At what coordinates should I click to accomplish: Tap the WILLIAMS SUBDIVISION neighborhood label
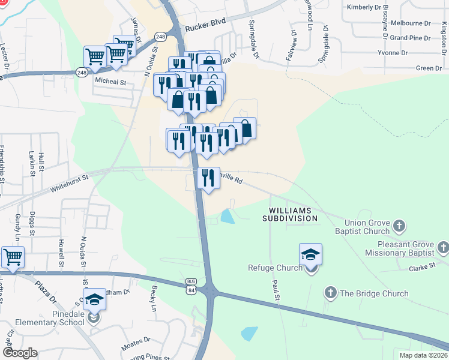tap(290, 215)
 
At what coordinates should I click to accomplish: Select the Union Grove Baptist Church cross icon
tap(399, 226)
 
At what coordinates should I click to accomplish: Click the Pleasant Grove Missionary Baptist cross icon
tap(443, 247)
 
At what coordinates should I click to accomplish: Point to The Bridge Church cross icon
tap(330, 293)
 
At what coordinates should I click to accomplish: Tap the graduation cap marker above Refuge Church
tap(310, 255)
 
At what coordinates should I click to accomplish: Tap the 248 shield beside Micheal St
tap(82, 72)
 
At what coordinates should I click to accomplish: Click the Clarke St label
tap(421, 268)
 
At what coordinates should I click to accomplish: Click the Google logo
tap(20, 353)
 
